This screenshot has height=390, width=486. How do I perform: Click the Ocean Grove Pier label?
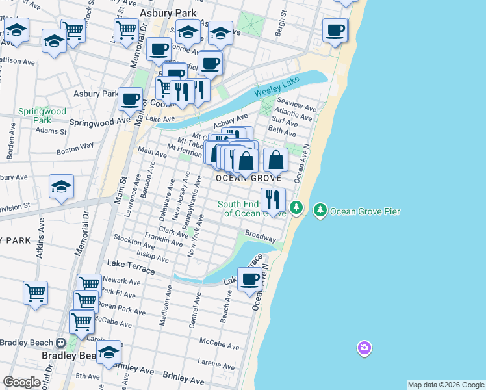click(364, 211)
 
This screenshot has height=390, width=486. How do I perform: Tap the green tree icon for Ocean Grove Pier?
click(320, 211)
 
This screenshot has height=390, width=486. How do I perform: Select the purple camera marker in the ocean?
click(364, 348)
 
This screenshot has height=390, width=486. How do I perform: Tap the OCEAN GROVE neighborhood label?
click(248, 178)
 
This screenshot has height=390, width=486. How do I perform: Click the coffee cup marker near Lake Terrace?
click(250, 281)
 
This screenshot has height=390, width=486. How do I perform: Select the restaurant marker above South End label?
click(273, 200)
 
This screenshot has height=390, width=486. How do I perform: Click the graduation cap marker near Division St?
click(62, 187)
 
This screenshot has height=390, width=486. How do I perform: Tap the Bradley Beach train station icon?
click(61, 343)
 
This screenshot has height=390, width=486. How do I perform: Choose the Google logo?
click(21, 382)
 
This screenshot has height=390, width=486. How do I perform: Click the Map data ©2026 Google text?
click(446, 385)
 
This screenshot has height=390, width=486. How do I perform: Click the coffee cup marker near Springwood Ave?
click(130, 99)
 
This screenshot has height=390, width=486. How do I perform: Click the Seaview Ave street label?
click(296, 102)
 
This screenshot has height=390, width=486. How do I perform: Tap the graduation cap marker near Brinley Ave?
click(109, 352)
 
